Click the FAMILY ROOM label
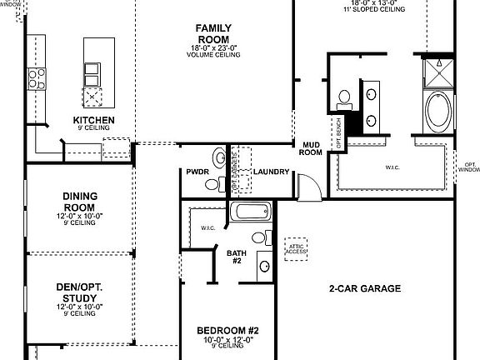[214, 33]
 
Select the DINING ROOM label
[80, 201]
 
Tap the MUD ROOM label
[311, 148]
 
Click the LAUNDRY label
[272, 172]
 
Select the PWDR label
[197, 172]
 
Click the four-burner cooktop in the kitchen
[37, 78]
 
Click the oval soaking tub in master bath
[436, 111]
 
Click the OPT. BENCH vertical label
[338, 132]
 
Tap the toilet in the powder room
[219, 157]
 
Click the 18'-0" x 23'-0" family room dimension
[214, 47]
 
